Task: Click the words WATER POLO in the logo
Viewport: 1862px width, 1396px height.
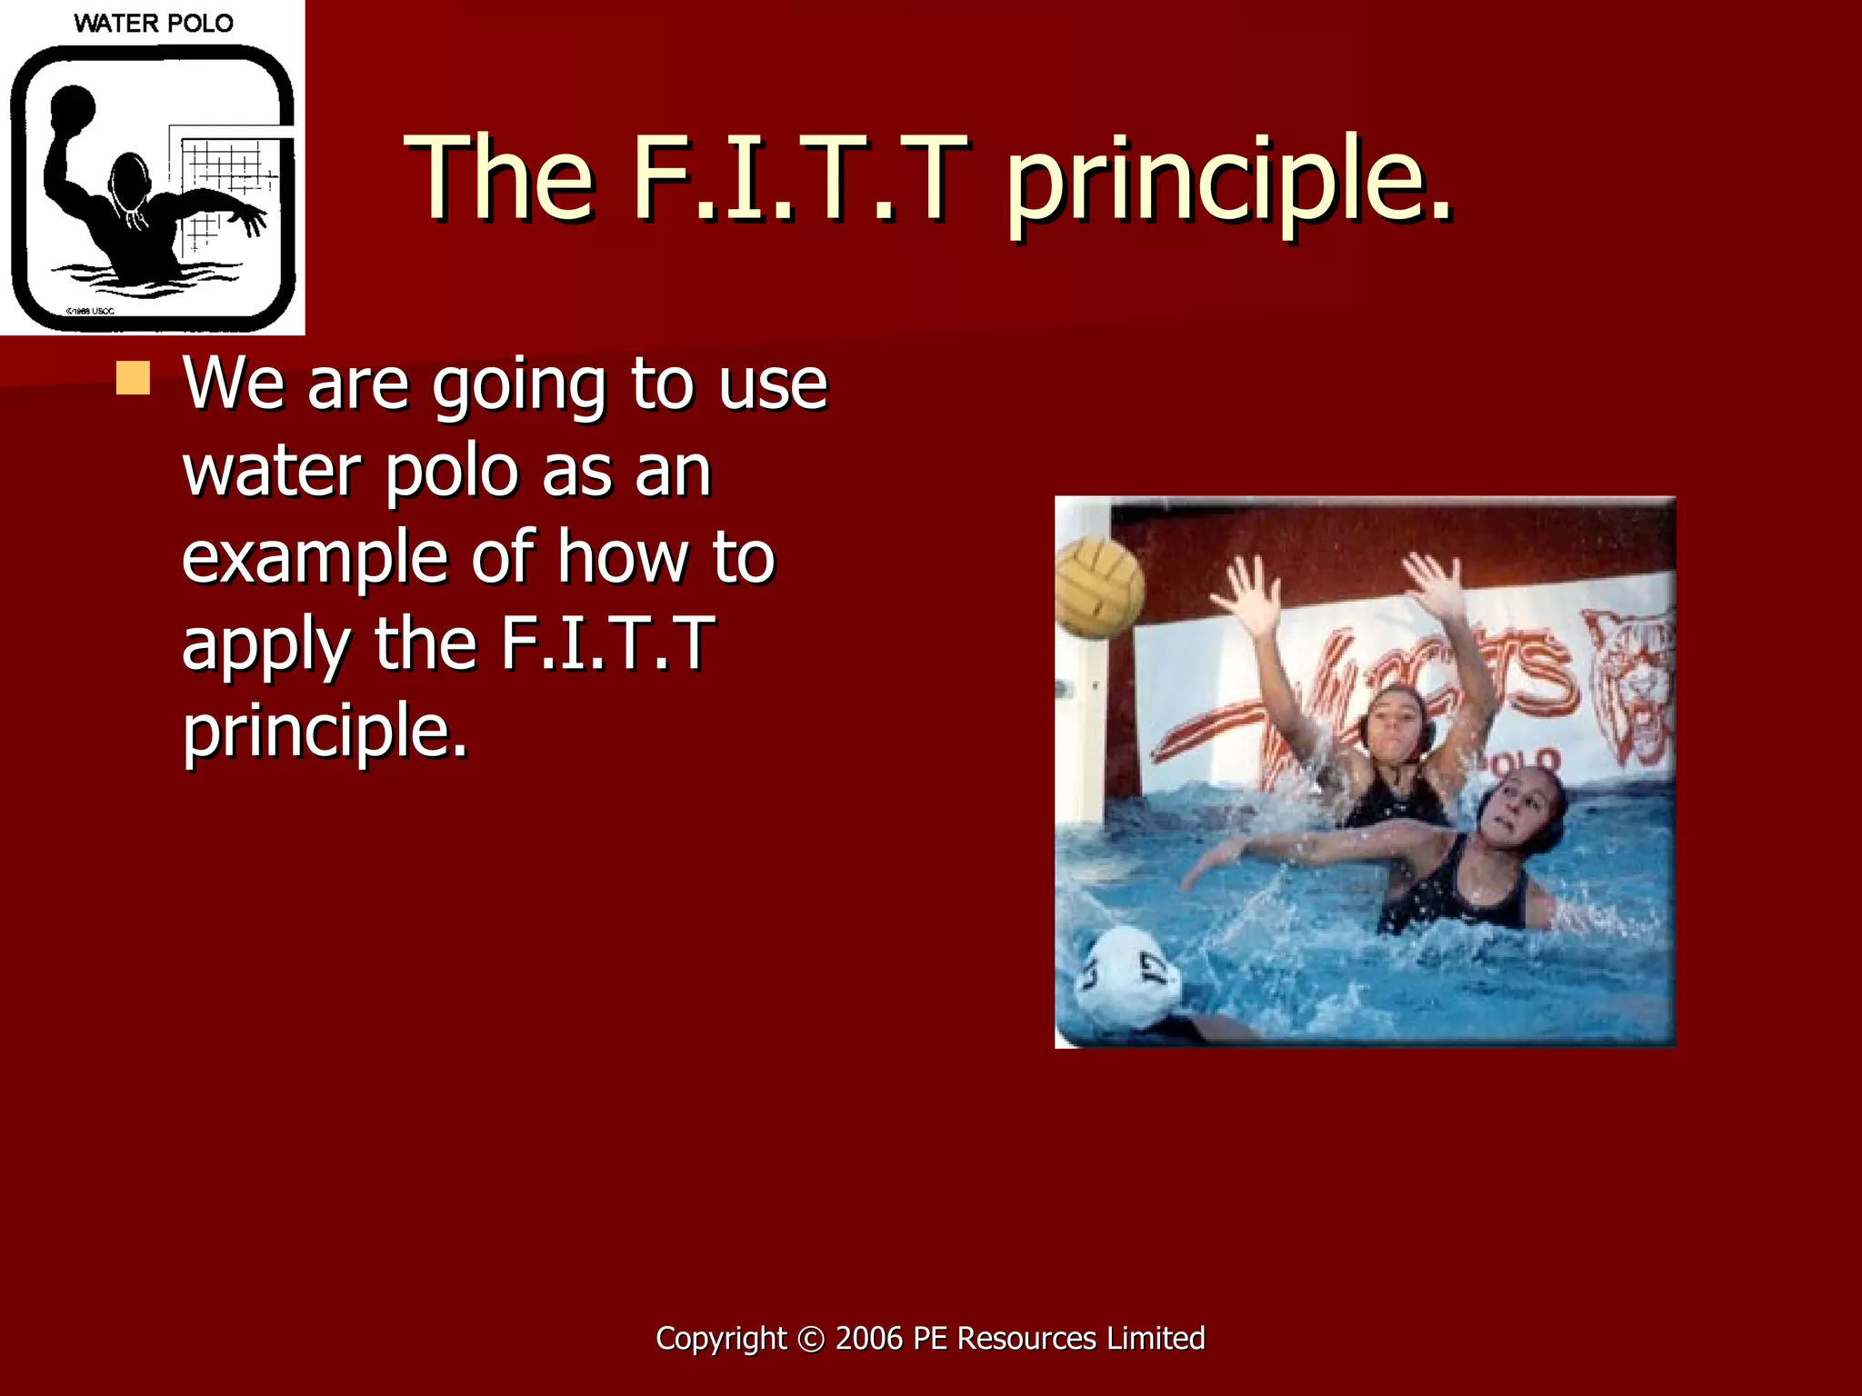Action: point(153,23)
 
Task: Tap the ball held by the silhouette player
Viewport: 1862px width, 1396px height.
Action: point(73,107)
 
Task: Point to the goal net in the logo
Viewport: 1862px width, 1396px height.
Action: point(227,182)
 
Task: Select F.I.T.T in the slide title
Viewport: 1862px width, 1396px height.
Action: point(799,177)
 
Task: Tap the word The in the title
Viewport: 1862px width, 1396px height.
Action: point(501,177)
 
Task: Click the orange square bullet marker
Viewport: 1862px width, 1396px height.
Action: point(133,378)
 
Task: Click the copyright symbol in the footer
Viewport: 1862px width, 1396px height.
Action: point(811,1339)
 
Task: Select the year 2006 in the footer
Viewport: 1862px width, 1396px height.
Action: point(869,1339)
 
